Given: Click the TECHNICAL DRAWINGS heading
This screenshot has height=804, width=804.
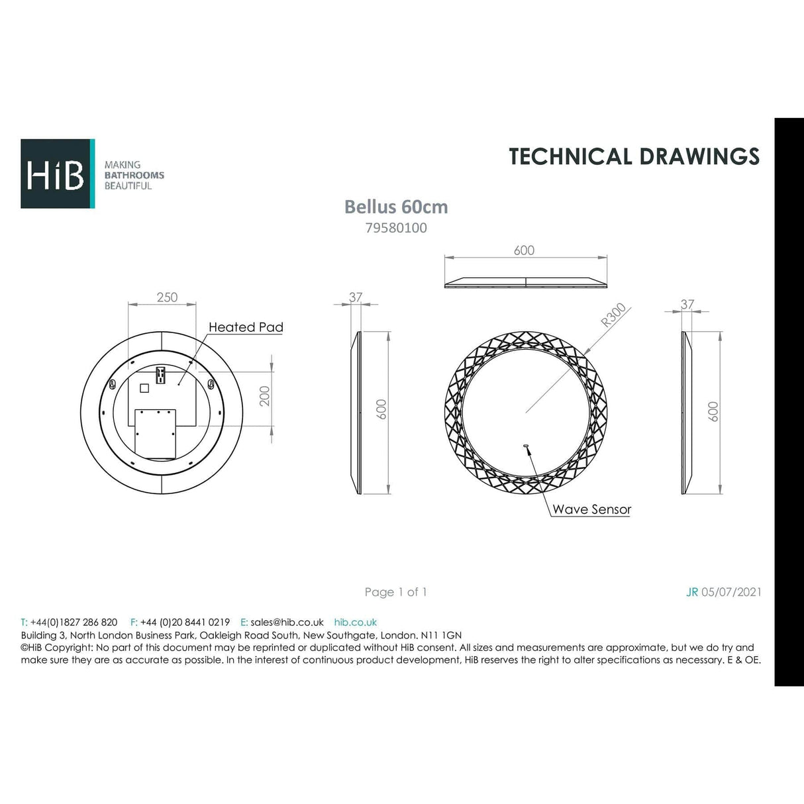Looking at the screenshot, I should click(634, 156).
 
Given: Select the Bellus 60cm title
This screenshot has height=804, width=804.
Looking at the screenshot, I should click(396, 207).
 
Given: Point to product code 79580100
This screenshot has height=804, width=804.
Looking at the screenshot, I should click(396, 228).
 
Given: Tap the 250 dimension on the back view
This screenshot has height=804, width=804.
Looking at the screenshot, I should click(167, 297).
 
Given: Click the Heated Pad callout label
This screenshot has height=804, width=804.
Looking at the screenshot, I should click(246, 327).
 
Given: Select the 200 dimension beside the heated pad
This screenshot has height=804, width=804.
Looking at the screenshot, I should click(265, 396).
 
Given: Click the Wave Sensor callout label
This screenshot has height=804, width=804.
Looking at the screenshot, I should click(591, 509).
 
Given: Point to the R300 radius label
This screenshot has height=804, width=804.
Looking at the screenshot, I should click(613, 316).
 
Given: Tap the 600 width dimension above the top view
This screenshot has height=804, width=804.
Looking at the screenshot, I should click(524, 250).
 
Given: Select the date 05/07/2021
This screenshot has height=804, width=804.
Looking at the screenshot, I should click(731, 592).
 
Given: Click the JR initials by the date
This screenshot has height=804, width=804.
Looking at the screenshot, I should click(692, 592).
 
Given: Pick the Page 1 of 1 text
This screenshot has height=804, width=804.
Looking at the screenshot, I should click(395, 592).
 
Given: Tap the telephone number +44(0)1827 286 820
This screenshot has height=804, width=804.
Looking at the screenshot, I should click(74, 623).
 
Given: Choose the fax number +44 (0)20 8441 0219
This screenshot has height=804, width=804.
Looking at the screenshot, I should click(185, 623).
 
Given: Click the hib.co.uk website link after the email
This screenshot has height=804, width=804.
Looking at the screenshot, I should click(356, 623).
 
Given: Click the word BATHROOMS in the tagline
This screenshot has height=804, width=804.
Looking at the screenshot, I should click(134, 176).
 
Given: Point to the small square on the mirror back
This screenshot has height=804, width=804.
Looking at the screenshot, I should click(144, 388).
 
